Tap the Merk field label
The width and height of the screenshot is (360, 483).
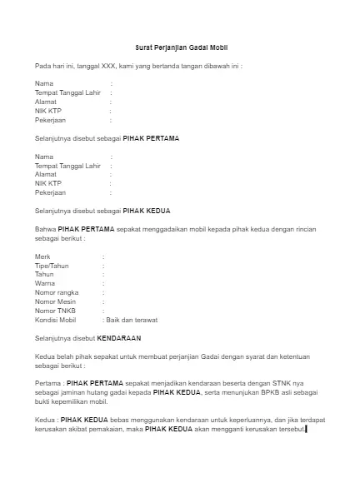42,256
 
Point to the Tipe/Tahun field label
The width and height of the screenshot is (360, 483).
52,266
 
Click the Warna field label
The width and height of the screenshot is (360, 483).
44,283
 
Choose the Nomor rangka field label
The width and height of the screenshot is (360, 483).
56,292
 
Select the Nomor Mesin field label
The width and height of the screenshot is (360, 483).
55,301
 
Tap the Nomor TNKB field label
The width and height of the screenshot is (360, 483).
54,311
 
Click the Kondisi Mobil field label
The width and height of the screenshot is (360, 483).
55,320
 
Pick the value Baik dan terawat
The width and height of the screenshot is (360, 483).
131,320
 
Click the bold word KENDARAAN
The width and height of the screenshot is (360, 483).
119,338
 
